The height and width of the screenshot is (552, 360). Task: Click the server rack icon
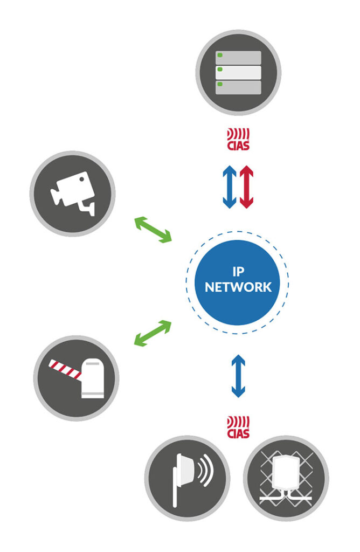(x=238, y=72)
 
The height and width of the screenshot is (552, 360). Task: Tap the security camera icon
(x=73, y=193)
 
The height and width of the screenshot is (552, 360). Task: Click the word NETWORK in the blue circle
(x=238, y=287)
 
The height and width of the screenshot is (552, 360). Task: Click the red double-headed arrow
(x=246, y=187)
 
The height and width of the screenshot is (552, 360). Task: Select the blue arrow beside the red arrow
(x=230, y=187)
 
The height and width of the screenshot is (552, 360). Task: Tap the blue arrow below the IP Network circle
(x=238, y=376)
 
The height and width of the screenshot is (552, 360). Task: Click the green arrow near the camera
(x=153, y=229)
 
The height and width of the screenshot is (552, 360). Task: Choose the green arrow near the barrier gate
(x=153, y=332)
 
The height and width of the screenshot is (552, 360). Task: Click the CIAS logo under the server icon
(x=238, y=139)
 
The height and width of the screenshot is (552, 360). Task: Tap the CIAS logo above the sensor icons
(x=238, y=425)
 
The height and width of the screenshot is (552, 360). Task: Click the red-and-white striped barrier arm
(x=64, y=369)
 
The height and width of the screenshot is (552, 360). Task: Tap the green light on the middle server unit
(x=219, y=70)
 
